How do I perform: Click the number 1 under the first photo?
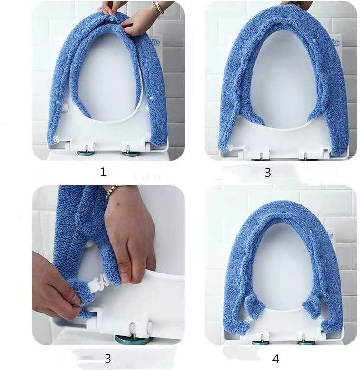coord(103,172)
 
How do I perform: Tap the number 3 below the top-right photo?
coord(267,172)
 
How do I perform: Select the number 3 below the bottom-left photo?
coord(108,358)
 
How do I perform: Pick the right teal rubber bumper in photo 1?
coord(130,153)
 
